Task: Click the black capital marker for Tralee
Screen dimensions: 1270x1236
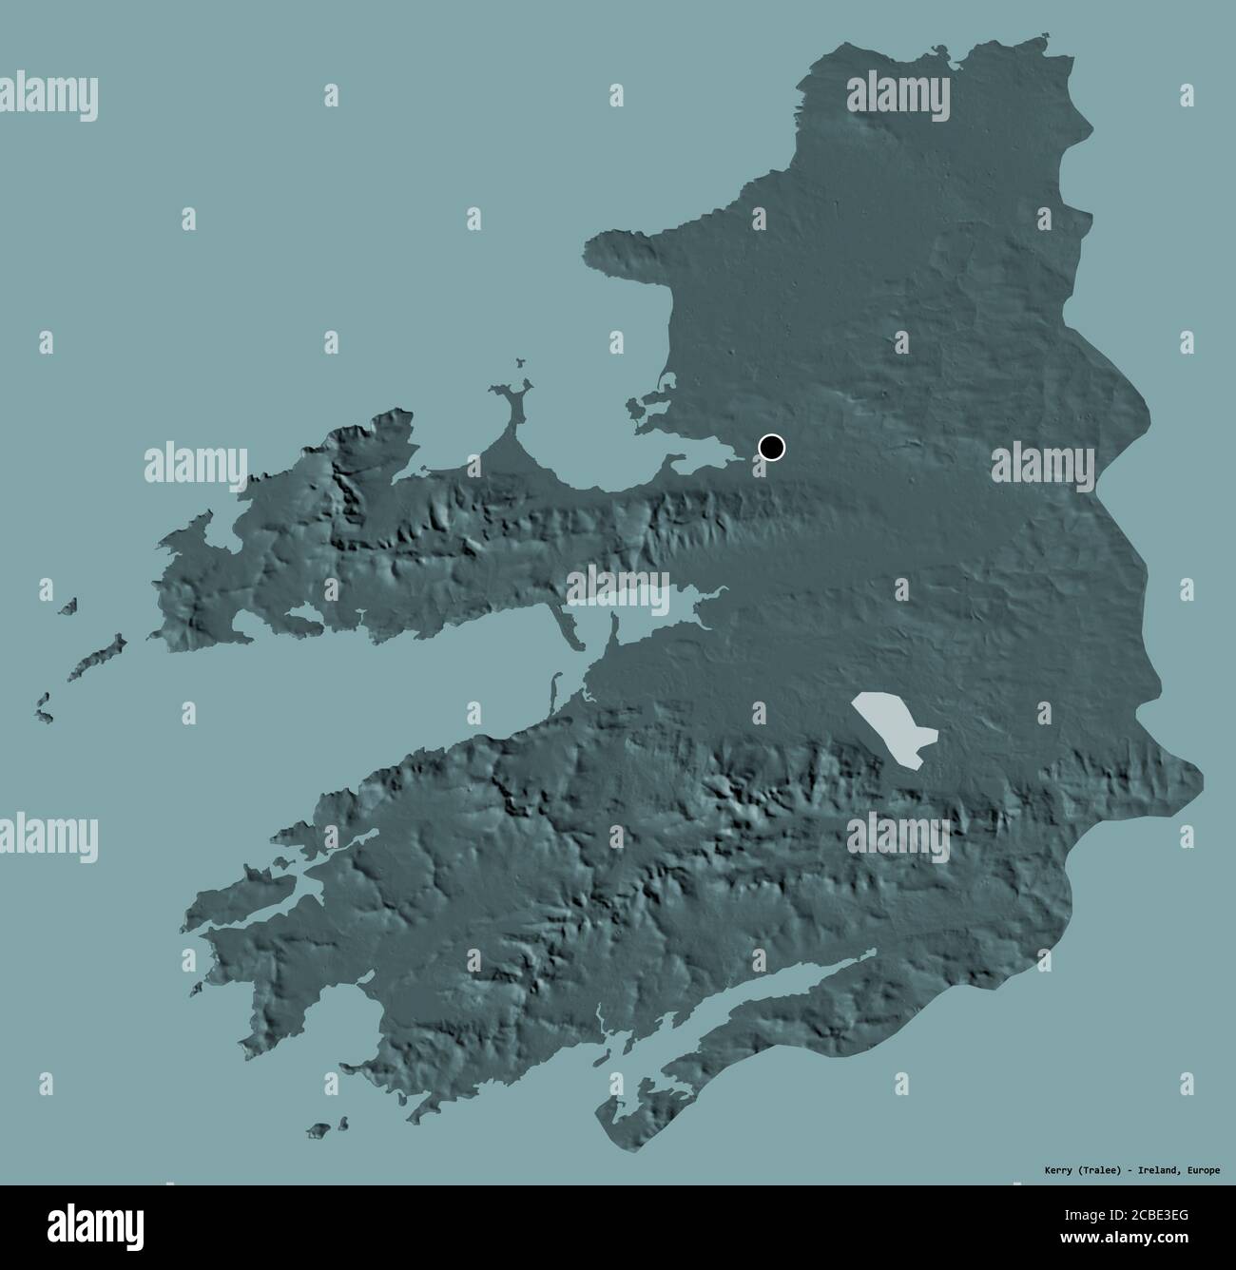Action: click(772, 447)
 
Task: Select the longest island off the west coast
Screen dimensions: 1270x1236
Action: click(98, 657)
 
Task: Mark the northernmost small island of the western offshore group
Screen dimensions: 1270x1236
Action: click(68, 606)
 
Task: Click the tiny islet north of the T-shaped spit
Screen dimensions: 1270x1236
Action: click(520, 361)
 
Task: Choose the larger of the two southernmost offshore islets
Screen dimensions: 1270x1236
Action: click(319, 1130)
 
